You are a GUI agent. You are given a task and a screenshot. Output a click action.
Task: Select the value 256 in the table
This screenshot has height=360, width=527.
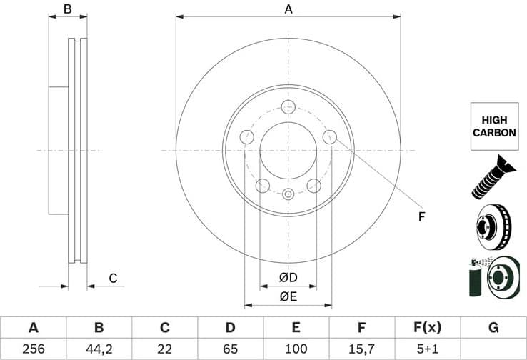point(33,348)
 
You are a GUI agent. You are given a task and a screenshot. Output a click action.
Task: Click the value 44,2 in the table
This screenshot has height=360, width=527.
point(99,348)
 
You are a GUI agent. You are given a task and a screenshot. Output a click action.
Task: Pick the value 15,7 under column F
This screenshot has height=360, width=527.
point(361,348)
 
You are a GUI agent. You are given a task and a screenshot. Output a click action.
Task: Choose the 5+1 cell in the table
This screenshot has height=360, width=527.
point(427,348)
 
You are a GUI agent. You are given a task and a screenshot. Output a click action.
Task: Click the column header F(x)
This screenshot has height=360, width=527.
point(427,328)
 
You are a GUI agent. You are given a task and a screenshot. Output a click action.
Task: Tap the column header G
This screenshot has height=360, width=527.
point(493,328)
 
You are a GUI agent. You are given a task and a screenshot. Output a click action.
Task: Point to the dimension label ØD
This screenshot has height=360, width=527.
point(288,277)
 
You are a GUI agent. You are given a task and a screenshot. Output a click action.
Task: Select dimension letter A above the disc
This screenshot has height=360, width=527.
point(288,9)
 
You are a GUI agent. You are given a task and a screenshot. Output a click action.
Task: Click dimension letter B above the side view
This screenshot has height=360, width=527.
point(68,9)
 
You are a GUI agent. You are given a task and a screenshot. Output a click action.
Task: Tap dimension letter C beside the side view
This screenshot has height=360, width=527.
point(112,278)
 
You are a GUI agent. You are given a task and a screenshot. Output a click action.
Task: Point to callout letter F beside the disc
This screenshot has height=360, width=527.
point(421,216)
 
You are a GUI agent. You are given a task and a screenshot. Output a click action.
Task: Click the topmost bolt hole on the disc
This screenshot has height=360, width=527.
point(288,107)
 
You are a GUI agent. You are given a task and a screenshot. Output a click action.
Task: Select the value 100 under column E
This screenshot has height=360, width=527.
point(296,348)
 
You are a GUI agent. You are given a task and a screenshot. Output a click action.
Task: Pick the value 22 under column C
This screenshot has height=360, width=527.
point(164,348)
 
